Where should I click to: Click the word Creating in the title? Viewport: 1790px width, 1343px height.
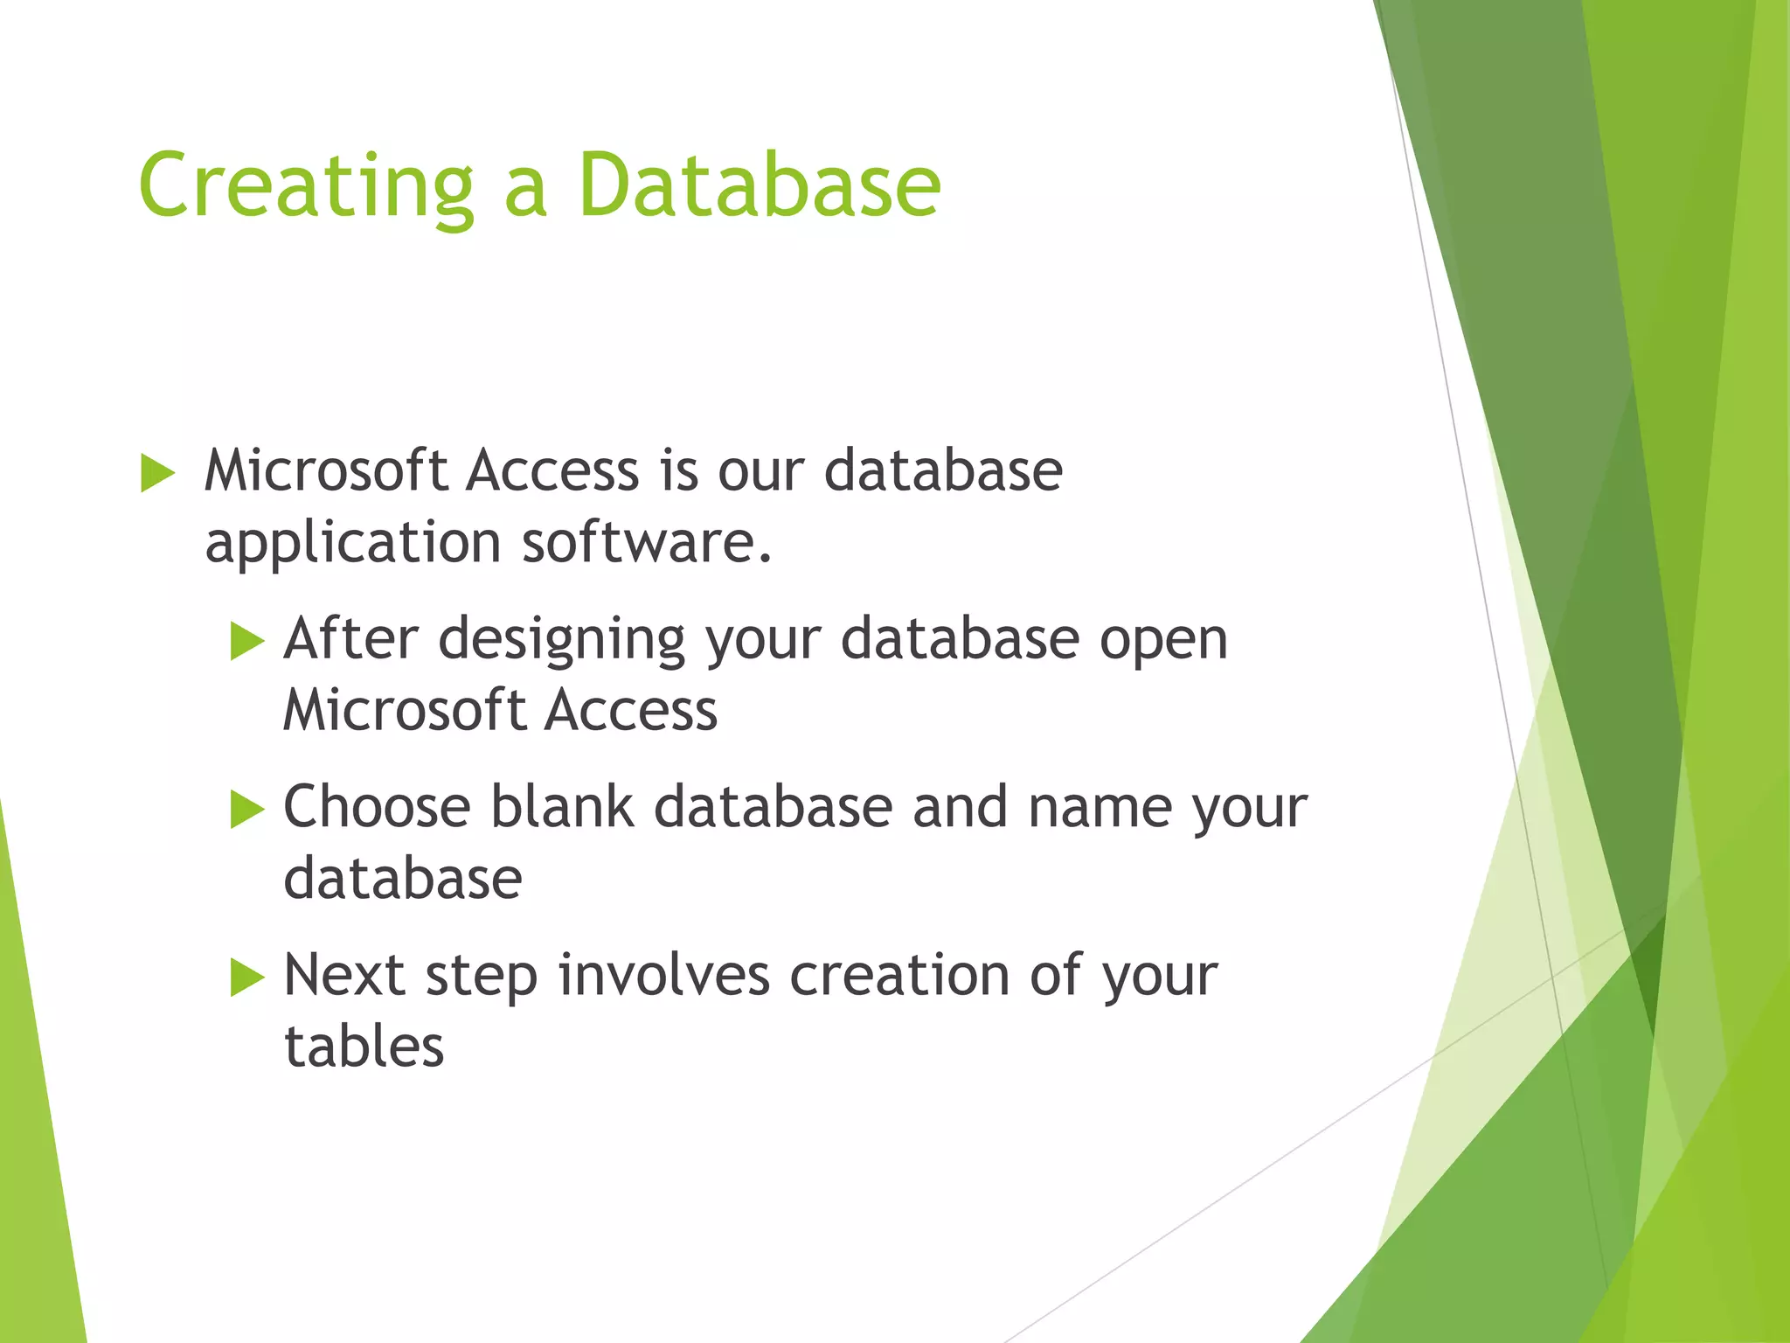pyautogui.click(x=306, y=185)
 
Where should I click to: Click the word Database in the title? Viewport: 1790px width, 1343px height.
pyautogui.click(x=759, y=185)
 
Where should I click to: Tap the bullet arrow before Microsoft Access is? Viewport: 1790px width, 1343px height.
pyautogui.click(x=157, y=473)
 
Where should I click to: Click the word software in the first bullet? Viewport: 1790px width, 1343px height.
pyautogui.click(x=647, y=542)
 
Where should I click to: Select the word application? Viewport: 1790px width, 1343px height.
pyautogui.click(x=352, y=544)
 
